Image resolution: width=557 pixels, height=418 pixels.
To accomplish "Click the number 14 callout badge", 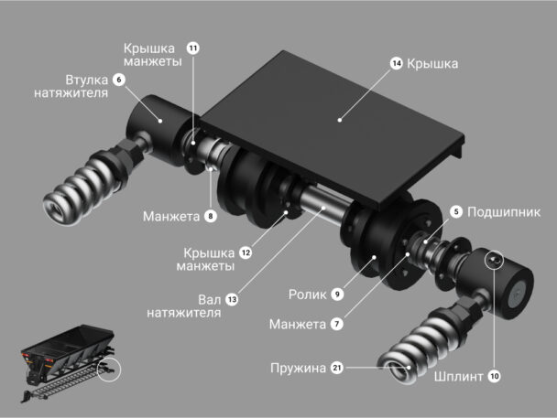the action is pyautogui.click(x=396, y=63).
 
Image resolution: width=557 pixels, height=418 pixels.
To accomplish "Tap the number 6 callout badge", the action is pyautogui.click(x=119, y=80).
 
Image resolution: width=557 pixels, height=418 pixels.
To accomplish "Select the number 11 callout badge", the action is pyautogui.click(x=193, y=48).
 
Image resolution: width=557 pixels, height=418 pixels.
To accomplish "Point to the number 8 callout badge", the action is pyautogui.click(x=211, y=216).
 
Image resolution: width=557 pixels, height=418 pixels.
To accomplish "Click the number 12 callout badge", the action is pyautogui.click(x=246, y=252).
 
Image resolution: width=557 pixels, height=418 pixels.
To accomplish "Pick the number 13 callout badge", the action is pyautogui.click(x=232, y=300).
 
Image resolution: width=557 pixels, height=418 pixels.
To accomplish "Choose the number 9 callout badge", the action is pyautogui.click(x=337, y=294).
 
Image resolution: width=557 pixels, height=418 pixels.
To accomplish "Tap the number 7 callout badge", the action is pyautogui.click(x=337, y=324).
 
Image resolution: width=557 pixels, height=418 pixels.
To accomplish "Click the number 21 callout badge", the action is pyautogui.click(x=337, y=368).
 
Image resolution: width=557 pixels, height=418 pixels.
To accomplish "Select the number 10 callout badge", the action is pyautogui.click(x=494, y=376).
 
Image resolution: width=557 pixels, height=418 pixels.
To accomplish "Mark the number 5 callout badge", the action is pyautogui.click(x=456, y=212).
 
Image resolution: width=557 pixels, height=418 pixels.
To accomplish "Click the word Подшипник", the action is pyautogui.click(x=504, y=212).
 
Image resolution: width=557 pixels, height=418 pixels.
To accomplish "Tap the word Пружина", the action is pyautogui.click(x=298, y=369).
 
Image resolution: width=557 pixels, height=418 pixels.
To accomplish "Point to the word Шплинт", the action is pyautogui.click(x=459, y=376).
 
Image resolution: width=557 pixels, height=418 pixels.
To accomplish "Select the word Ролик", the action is pyautogui.click(x=307, y=295).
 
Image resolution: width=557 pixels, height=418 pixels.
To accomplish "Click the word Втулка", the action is pyautogui.click(x=87, y=80).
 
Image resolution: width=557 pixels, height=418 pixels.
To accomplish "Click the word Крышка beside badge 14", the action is pyautogui.click(x=432, y=64).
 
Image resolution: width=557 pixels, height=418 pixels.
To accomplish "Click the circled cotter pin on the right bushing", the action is pyautogui.click(x=495, y=261).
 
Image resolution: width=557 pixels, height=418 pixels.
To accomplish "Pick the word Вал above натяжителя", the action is pyautogui.click(x=210, y=300).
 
